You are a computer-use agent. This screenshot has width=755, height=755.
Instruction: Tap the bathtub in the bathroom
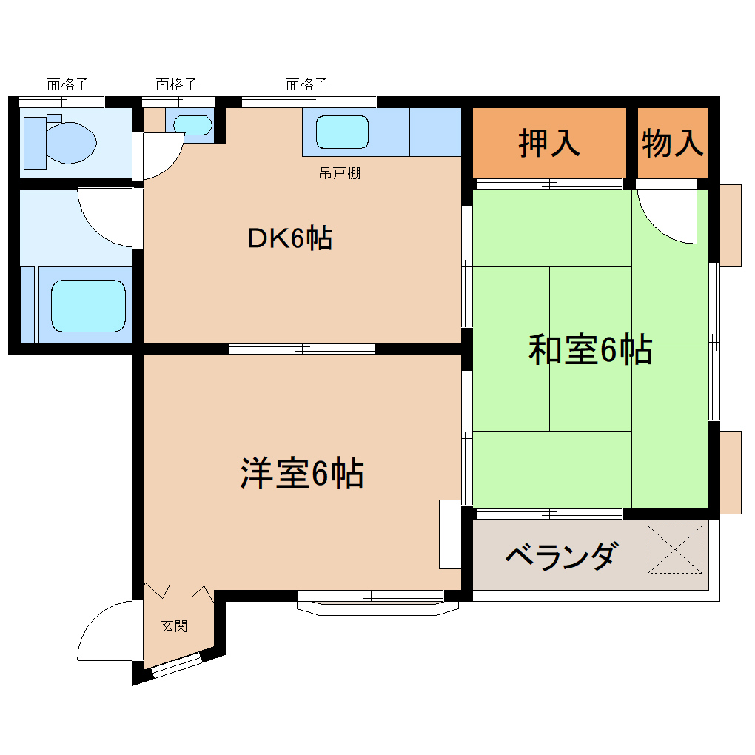pyautogui.click(x=87, y=306)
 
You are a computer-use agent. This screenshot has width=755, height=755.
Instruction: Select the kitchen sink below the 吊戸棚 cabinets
pyautogui.click(x=342, y=132)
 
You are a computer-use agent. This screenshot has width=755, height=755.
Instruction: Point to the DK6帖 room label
pyautogui.click(x=289, y=238)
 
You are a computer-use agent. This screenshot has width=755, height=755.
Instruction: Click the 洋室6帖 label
pyautogui.click(x=301, y=474)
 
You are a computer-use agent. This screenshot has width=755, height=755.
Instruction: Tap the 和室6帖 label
pyautogui.click(x=590, y=350)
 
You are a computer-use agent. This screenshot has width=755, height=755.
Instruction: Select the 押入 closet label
pyautogui.click(x=549, y=143)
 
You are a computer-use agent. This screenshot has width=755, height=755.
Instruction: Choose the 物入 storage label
pyautogui.click(x=672, y=143)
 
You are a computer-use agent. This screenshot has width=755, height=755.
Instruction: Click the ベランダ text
pyautogui.click(x=560, y=555)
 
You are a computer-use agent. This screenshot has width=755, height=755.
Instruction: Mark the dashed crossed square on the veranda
pyautogui.click(x=675, y=549)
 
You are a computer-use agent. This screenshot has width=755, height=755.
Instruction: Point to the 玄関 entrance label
pyautogui.click(x=175, y=626)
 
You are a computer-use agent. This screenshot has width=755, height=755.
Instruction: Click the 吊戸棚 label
pyautogui.click(x=340, y=175)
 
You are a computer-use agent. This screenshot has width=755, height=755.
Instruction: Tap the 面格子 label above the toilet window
pyautogui.click(x=67, y=84)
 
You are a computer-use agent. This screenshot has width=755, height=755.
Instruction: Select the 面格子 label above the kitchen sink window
pyautogui.click(x=306, y=84)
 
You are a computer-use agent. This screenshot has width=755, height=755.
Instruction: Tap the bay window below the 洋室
pyautogui.click(x=377, y=603)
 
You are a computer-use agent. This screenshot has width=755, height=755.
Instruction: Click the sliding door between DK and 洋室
pyautogui.click(x=302, y=349)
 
